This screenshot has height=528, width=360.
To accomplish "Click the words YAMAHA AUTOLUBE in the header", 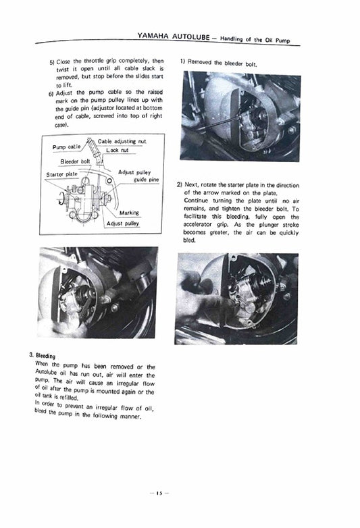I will pos(170,34).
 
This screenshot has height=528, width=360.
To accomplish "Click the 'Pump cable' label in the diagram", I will pos(66,147).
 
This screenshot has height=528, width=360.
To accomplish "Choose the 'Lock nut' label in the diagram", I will pos(116,150).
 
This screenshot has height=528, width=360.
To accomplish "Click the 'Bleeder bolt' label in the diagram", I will pos(75,162).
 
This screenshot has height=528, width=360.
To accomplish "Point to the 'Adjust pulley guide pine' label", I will pos(136,176).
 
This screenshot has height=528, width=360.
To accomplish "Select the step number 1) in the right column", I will pos(182,61).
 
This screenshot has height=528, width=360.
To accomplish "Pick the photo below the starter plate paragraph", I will pos(236,298).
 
